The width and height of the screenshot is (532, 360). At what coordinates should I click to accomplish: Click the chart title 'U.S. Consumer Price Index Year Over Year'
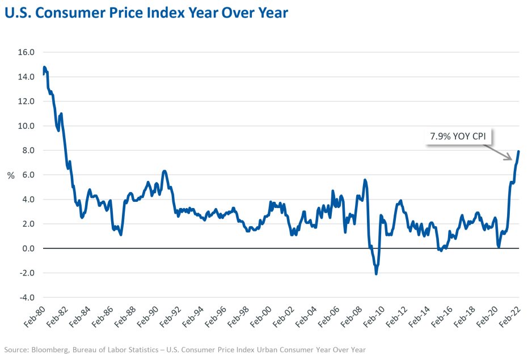pyautogui.click(x=146, y=13)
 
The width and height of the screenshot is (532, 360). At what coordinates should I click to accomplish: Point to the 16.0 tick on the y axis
pyautogui.click(x=27, y=52)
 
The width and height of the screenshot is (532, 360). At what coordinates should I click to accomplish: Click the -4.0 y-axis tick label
pyautogui.click(x=27, y=297)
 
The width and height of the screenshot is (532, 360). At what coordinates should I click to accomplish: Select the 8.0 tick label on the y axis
pyautogui.click(x=27, y=150)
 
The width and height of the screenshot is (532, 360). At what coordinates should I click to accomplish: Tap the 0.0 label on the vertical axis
pyautogui.click(x=27, y=248)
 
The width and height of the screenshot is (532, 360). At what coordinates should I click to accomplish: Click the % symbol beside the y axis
pyautogui.click(x=10, y=175)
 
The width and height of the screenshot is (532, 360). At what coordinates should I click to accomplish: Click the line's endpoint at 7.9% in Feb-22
pyautogui.click(x=519, y=151)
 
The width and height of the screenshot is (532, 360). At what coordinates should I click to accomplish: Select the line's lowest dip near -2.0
pyautogui.click(x=376, y=274)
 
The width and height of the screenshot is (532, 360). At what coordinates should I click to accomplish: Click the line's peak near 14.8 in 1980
pyautogui.click(x=44, y=67)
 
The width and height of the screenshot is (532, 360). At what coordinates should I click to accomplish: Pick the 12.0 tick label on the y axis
pyautogui.click(x=27, y=101)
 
